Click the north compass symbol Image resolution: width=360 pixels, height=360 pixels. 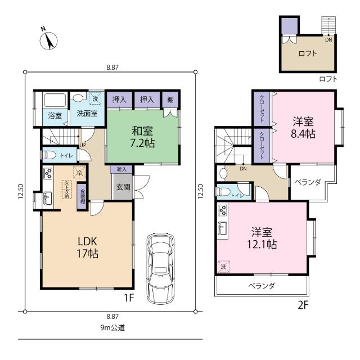coord(49,40)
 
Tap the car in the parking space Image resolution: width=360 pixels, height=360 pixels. coord(160,269)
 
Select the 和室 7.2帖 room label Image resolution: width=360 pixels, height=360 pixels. coord(142,137)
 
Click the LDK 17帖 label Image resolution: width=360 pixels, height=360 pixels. coord(88,247)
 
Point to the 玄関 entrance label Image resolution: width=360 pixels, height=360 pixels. coord(123,187)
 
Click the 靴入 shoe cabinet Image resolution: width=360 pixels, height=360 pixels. coord(121,169)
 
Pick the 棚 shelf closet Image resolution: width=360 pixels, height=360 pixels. coord(170,100)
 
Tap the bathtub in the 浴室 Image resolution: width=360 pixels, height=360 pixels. coord(55,100)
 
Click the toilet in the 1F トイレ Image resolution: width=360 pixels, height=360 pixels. coord(49,155)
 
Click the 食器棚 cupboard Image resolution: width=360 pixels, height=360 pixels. coord(82,196)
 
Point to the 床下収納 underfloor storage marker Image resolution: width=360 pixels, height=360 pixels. coord(66,190)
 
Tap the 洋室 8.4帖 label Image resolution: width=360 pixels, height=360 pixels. coord(303,128)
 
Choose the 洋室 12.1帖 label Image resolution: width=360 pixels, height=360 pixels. coord(262,238)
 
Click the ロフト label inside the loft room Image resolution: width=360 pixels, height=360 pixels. coord(308,54)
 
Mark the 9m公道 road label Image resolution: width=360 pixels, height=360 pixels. coord(112,327)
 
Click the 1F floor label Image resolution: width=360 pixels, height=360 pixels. coord(129,298)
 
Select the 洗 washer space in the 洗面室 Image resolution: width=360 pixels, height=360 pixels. coord(95,98)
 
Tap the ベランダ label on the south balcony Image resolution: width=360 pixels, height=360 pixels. coord(262,286)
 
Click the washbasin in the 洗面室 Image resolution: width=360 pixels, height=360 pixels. coord(78,98)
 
